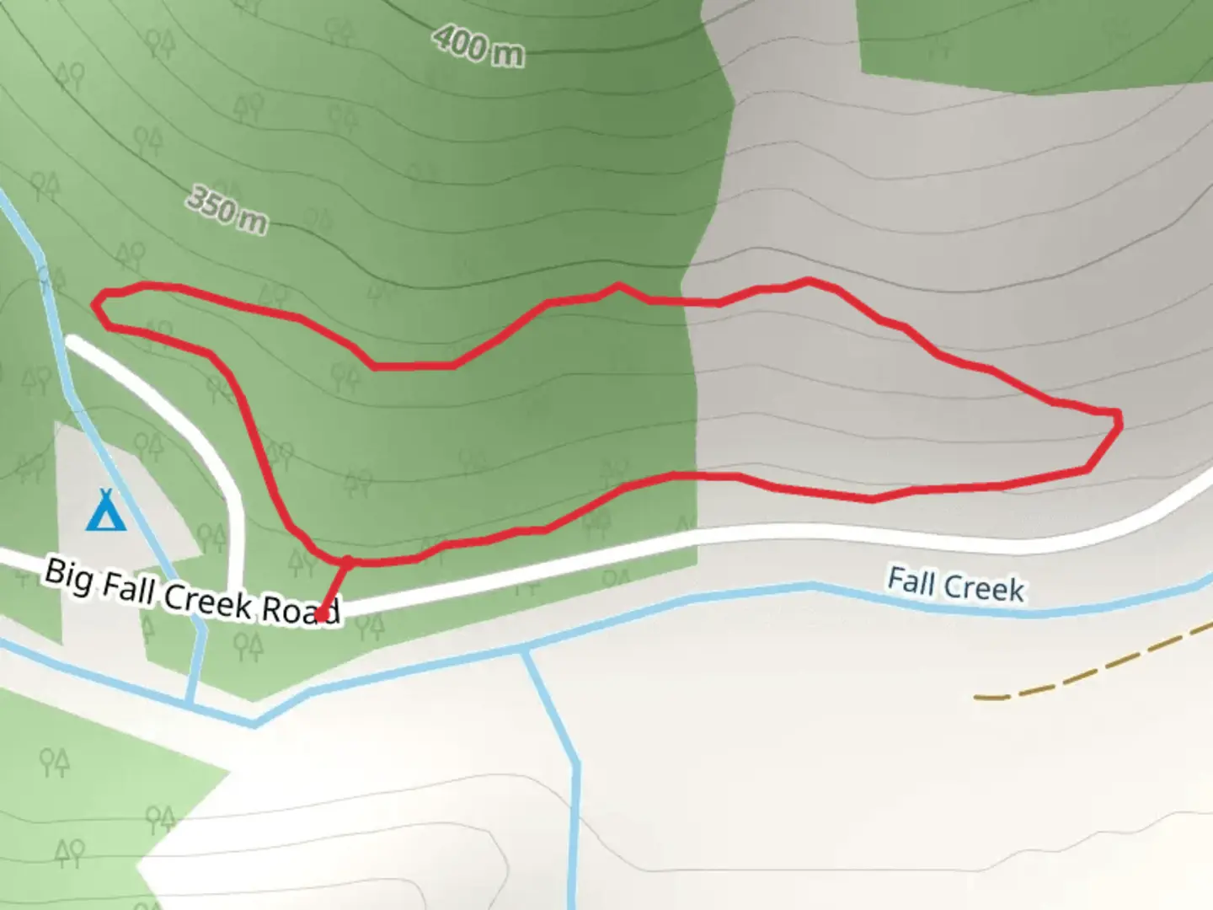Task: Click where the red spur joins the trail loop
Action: [346, 560]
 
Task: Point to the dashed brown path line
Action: [1095, 666]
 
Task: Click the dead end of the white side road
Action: [72, 342]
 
